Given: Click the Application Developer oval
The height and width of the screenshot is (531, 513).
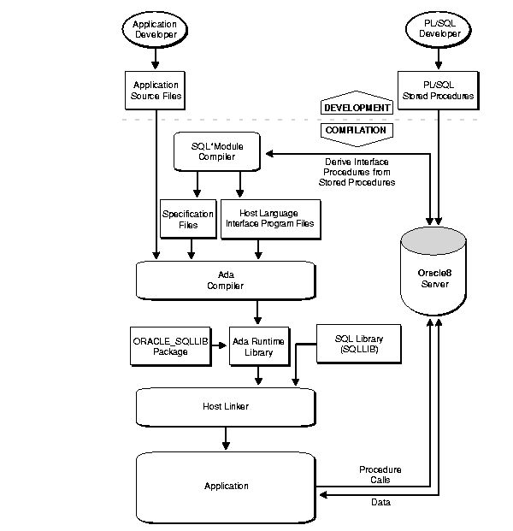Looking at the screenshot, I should click(x=155, y=29).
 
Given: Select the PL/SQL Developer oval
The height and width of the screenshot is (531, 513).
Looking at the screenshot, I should click(x=439, y=29).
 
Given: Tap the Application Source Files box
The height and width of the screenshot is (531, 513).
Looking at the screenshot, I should click(x=155, y=90).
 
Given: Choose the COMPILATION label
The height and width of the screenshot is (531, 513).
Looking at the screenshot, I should click(x=354, y=131).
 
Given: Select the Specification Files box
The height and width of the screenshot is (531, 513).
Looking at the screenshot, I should click(x=180, y=219).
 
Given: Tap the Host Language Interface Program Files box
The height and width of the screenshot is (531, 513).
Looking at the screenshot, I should click(x=269, y=219).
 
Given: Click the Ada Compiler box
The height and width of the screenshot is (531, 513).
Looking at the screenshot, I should click(x=226, y=280).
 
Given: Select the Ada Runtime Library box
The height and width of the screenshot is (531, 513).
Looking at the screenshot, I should click(x=258, y=345).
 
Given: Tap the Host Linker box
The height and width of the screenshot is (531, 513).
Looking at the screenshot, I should click(x=226, y=405).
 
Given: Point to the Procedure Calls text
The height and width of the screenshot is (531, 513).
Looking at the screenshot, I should click(x=380, y=475).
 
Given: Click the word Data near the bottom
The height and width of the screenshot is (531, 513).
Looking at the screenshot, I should click(x=380, y=503).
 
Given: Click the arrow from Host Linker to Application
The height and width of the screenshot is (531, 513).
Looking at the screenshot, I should click(x=226, y=437).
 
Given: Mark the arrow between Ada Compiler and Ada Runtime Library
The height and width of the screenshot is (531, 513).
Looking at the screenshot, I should click(x=258, y=311).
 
